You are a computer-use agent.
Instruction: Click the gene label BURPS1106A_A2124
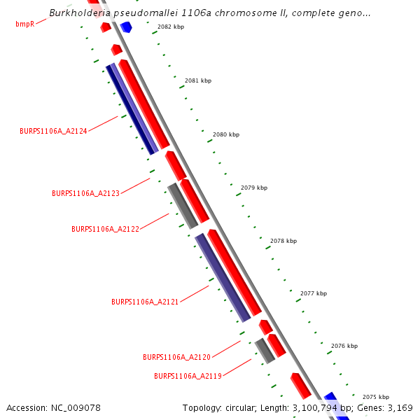(53, 131)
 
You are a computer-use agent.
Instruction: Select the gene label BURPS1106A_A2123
(85, 192)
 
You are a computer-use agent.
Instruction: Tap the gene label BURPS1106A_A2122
(105, 229)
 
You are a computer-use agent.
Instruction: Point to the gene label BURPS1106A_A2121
(145, 302)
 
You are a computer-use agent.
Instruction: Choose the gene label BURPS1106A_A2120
(176, 357)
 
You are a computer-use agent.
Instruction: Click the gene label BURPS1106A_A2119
(188, 376)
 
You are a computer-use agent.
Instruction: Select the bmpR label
(24, 24)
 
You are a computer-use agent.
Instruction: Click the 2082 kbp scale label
(171, 27)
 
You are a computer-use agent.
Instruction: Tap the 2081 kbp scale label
(198, 80)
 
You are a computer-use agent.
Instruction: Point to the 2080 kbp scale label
(226, 134)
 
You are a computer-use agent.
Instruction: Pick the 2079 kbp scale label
(254, 188)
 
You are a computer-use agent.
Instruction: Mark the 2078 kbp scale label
(283, 241)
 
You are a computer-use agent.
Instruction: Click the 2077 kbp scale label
(314, 293)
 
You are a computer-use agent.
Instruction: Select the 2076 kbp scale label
(344, 346)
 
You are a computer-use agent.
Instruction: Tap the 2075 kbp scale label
(376, 397)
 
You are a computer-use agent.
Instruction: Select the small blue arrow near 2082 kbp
(126, 27)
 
